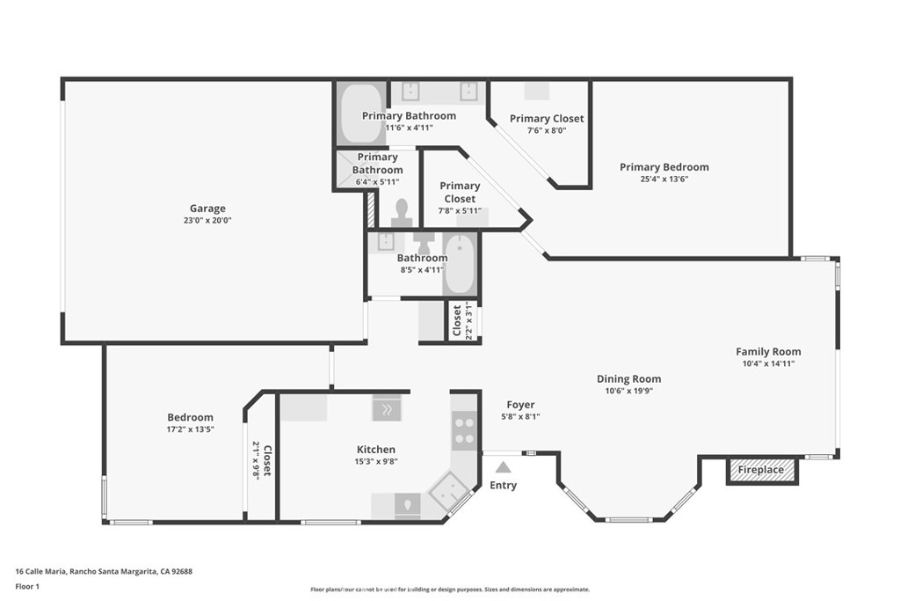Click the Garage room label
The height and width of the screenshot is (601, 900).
pos(207,209)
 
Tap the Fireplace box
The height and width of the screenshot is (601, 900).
pos(761,470)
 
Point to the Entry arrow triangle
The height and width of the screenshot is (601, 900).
pos(503,467)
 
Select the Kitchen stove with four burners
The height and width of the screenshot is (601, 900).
pos(464,431)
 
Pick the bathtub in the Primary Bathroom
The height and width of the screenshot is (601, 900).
pos(363,114)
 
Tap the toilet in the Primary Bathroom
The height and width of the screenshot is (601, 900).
pos(402,212)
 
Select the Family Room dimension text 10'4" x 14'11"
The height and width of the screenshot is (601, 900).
pos(768,363)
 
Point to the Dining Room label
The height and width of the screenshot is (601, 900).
pos(628,378)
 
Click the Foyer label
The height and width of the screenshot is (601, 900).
pos(520,405)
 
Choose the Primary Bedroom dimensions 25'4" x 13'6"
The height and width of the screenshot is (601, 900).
pos(664,179)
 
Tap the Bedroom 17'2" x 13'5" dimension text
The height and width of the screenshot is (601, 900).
pos(190,429)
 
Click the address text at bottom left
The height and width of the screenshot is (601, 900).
pos(104,572)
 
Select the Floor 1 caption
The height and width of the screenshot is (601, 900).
pos(27,587)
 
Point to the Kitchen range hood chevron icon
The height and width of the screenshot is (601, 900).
pos(387,409)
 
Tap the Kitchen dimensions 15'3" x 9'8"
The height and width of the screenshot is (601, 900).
pos(376,461)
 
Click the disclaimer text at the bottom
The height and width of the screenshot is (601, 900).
pos(450,589)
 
